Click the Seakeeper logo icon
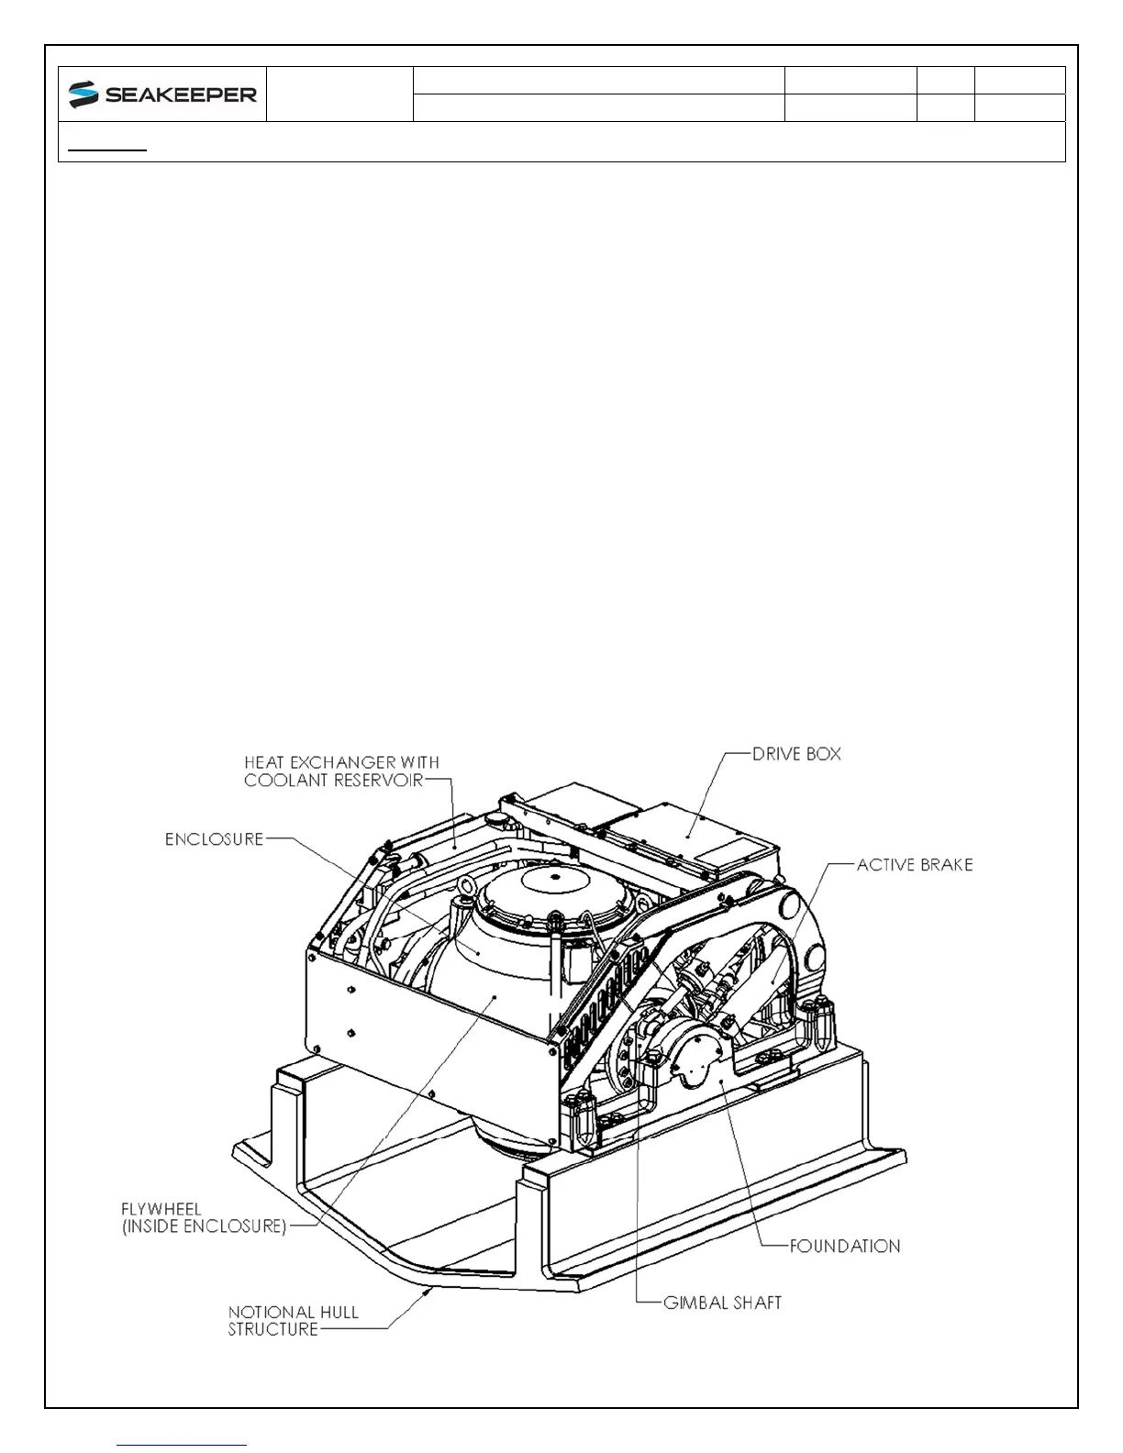click(83, 94)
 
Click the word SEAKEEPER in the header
click(181, 94)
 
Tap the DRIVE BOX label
click(796, 754)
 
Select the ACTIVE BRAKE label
click(915, 864)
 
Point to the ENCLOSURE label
click(214, 839)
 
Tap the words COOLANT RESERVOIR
click(333, 780)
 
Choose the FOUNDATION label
click(845, 1246)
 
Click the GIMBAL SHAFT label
click(722, 1303)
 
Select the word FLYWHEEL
click(161, 1209)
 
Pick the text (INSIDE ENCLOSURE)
click(204, 1226)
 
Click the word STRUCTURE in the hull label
click(273, 1329)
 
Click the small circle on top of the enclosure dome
click(554, 877)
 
